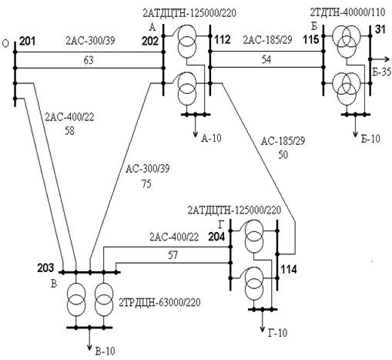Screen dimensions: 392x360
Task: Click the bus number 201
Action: tap(27, 41)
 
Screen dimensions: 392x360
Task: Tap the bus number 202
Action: tap(150, 41)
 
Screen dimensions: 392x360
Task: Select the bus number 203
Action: tap(45, 268)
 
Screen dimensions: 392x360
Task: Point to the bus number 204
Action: tap(216, 237)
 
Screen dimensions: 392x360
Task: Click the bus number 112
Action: tap(223, 40)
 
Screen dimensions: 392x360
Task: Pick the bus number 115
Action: tap(311, 39)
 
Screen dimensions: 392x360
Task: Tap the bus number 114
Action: tap(289, 270)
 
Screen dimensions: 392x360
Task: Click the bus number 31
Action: tap(380, 30)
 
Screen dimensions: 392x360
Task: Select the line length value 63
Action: tap(89, 60)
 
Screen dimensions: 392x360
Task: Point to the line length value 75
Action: tap(146, 184)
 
